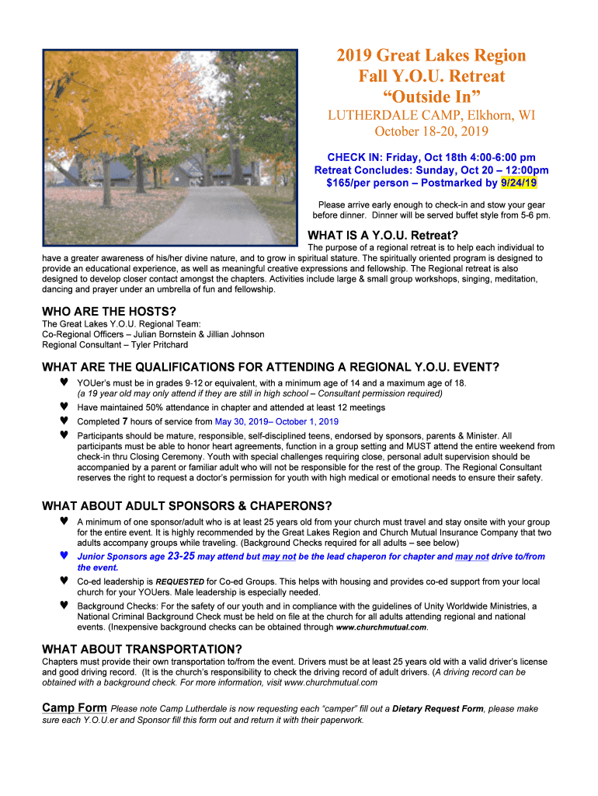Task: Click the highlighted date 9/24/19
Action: pos(519,183)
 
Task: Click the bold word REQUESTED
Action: pos(180,581)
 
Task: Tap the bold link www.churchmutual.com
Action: pos(381,627)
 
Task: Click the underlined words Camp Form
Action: pos(74,708)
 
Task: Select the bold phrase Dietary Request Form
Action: pos(437,709)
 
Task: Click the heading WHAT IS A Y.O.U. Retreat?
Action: pos(384,236)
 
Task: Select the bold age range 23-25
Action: pos(181,557)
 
